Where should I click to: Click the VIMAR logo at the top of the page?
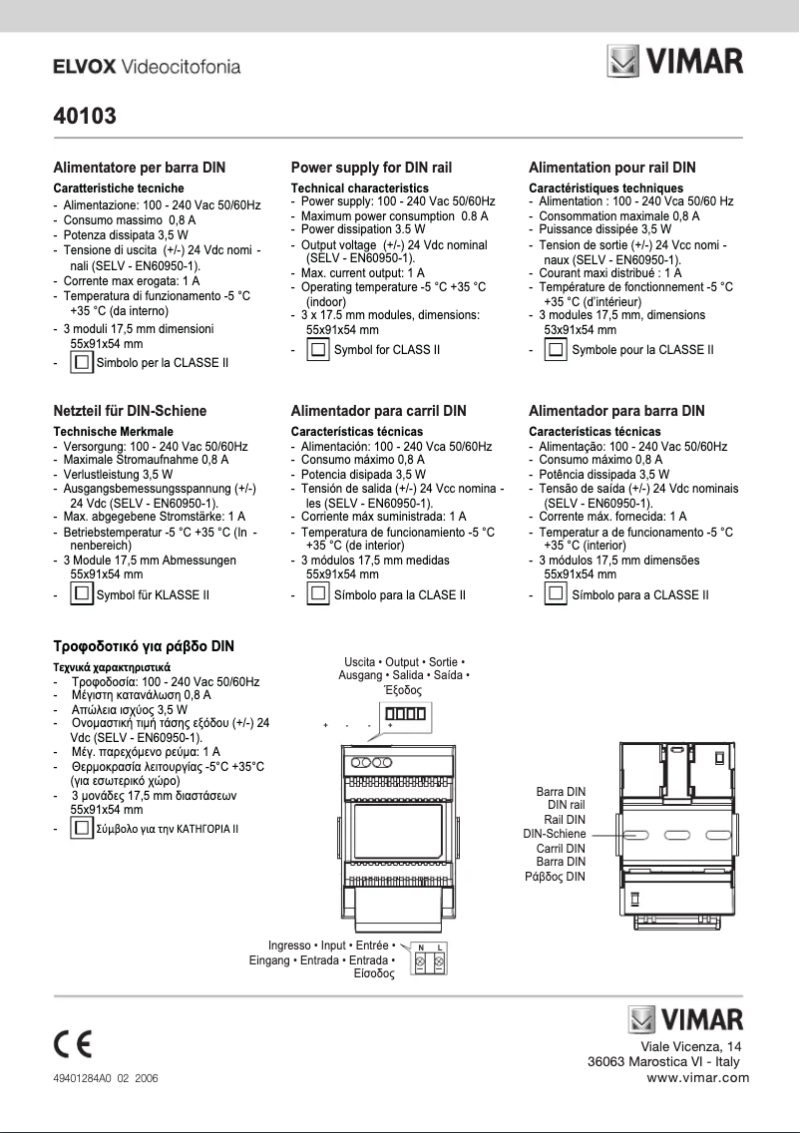click(675, 64)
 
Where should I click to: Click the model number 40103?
click(85, 117)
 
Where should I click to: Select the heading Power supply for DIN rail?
click(371, 168)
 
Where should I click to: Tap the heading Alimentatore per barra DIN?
click(140, 168)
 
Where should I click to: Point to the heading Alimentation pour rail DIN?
click(612, 168)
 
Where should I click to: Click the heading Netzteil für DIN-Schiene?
click(130, 410)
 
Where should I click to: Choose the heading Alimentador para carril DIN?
click(378, 410)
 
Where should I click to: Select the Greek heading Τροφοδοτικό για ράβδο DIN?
click(144, 646)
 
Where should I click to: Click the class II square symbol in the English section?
click(318, 350)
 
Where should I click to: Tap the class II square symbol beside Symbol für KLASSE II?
click(82, 595)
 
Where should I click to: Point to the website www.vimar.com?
click(697, 1077)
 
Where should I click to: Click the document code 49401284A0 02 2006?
click(105, 1079)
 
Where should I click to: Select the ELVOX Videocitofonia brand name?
click(147, 67)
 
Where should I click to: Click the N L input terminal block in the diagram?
click(431, 958)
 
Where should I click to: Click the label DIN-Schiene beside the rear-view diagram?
click(554, 834)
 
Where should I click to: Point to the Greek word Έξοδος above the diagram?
click(403, 690)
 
